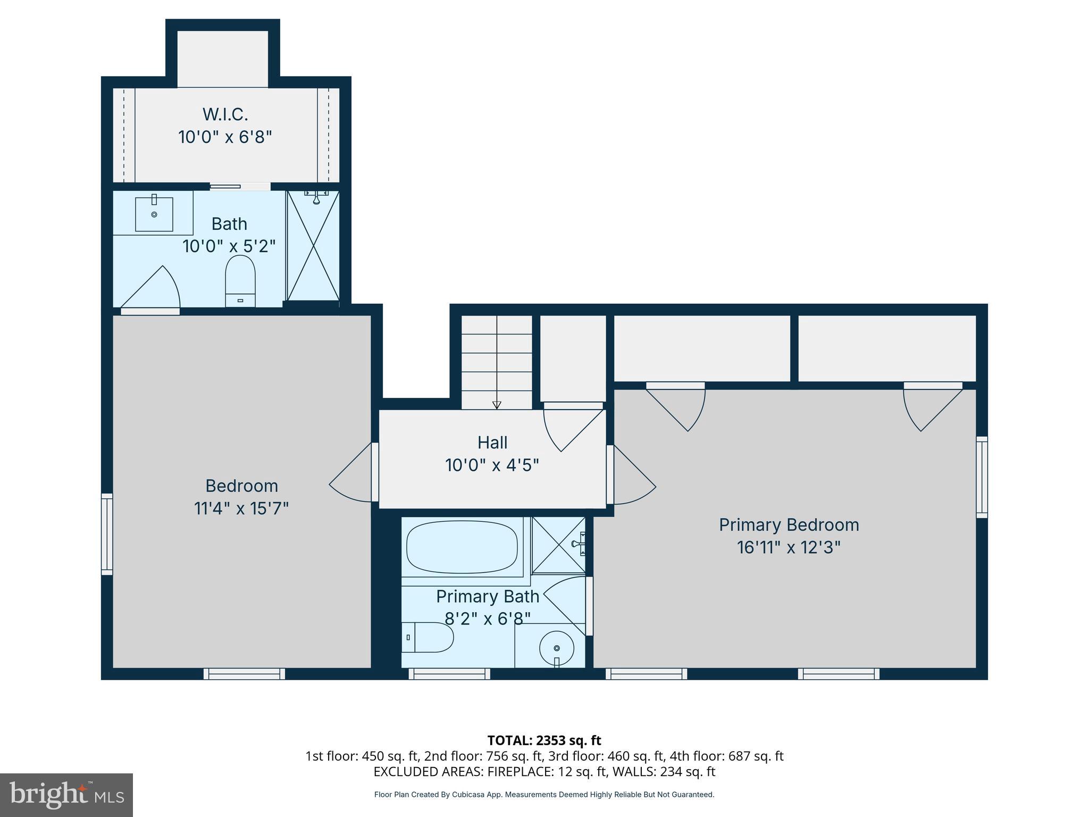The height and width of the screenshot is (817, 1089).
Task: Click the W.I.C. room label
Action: click(x=225, y=114)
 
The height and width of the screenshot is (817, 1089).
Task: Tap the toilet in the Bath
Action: click(x=240, y=280)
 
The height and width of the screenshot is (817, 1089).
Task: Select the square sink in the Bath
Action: click(x=154, y=214)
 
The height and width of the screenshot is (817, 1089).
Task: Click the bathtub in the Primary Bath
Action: click(x=462, y=547)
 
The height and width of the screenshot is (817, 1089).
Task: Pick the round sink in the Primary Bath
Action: click(x=556, y=648)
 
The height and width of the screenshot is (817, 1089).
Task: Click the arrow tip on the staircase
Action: click(x=497, y=405)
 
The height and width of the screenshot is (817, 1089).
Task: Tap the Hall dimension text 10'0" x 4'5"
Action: click(x=492, y=465)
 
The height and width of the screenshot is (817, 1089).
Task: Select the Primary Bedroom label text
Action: click(x=789, y=524)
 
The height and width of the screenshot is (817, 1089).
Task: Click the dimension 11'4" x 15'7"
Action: click(x=241, y=508)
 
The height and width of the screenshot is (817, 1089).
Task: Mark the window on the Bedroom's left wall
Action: click(x=107, y=533)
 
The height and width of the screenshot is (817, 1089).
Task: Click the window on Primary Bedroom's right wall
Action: click(x=982, y=477)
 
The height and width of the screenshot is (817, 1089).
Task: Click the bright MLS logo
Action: click(x=66, y=795)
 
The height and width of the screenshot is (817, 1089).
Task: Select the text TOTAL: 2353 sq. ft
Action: click(x=544, y=740)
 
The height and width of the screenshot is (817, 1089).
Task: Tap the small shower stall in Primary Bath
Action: click(x=558, y=545)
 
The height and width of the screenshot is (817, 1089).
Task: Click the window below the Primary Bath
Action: click(x=449, y=674)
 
